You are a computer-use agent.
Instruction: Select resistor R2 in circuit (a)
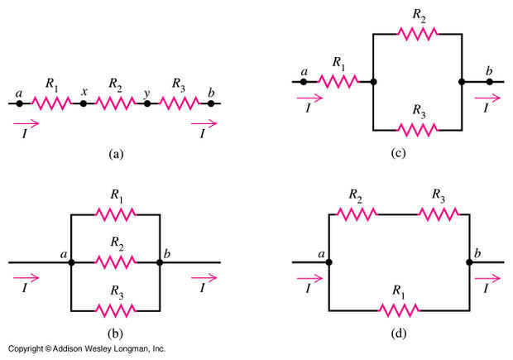click(115, 103)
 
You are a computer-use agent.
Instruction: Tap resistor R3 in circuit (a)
click(179, 103)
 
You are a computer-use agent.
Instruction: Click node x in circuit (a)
click(83, 103)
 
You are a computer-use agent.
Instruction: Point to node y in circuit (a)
click(147, 103)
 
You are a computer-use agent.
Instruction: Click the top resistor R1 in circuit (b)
click(115, 214)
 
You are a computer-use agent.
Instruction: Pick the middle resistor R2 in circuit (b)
click(115, 262)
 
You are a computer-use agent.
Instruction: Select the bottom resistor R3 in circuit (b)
click(115, 310)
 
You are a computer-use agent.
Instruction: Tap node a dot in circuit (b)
click(72, 262)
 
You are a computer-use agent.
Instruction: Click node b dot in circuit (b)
click(160, 262)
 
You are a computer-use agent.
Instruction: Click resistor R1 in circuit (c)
click(339, 81)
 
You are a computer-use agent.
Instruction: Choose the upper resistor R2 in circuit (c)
click(417, 33)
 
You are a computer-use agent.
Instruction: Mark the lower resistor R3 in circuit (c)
click(417, 129)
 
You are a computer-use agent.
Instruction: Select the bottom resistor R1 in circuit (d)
click(400, 310)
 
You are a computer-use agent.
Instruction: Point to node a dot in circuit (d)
click(330, 262)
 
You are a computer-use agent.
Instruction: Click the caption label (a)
click(115, 153)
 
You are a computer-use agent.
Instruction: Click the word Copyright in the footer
click(25, 349)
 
